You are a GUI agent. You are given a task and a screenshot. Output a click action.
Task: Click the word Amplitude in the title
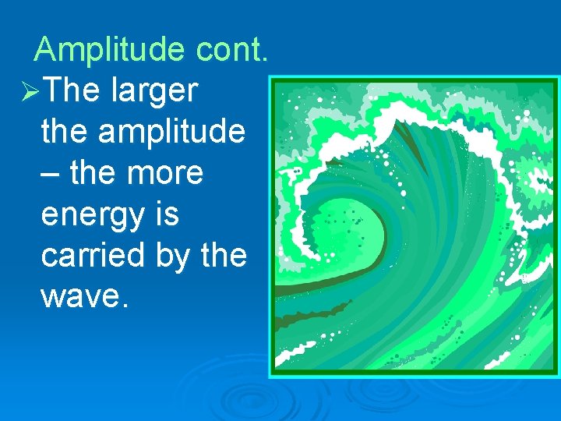click(109, 50)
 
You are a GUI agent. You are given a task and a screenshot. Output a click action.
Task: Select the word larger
click(154, 92)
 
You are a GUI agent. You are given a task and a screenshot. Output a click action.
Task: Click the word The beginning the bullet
click(72, 91)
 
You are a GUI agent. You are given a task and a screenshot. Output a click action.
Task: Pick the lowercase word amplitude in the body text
click(171, 133)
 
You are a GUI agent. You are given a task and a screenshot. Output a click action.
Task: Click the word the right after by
click(223, 255)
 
